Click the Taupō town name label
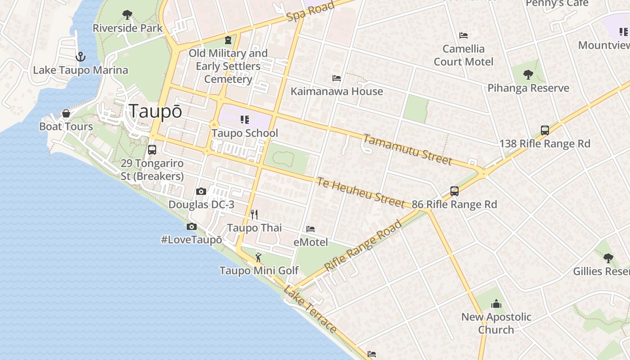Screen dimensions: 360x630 [x=156, y=111]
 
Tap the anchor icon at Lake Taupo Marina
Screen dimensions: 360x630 [x=80, y=57]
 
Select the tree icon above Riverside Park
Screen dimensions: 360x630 [x=127, y=15]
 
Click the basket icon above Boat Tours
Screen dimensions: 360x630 [x=66, y=113]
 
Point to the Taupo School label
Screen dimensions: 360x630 [x=245, y=133]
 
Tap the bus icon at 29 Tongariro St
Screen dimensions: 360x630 [x=152, y=149]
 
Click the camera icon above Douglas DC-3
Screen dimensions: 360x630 [x=201, y=191]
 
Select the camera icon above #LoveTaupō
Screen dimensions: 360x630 [x=192, y=226]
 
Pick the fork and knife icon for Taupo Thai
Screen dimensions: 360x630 [x=254, y=214]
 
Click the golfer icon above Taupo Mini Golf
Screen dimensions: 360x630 [x=258, y=257]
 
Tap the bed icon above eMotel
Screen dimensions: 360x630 [x=310, y=229]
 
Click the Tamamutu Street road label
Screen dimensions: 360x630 [x=407, y=149]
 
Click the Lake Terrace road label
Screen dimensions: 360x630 [x=310, y=309]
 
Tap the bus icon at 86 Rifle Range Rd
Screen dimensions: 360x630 [x=454, y=191]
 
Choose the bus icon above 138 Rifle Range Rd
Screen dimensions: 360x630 [x=545, y=130]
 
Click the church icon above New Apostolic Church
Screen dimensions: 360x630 [x=496, y=304]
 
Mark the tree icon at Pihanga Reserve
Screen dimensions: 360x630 [x=528, y=74]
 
